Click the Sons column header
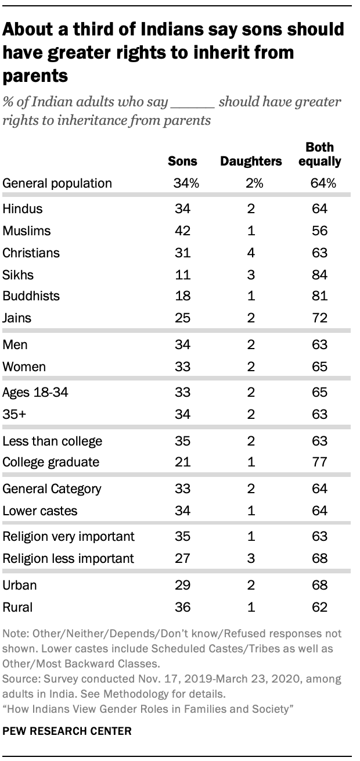point(183,161)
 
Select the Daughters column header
point(250,161)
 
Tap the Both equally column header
point(319,154)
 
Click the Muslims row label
point(27,231)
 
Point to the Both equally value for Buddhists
point(319,296)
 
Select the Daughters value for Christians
point(250,253)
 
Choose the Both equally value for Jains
point(319,318)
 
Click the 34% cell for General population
point(186,184)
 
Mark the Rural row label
point(18,608)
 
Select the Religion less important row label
point(69,558)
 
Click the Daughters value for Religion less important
point(250,558)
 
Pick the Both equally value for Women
point(319,367)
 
